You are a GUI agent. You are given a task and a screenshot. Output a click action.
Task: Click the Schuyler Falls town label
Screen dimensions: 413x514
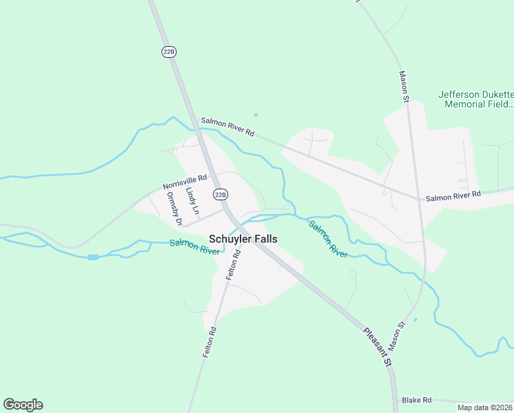point(243,238)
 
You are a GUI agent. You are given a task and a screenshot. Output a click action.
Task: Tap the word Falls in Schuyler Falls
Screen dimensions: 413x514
point(265,238)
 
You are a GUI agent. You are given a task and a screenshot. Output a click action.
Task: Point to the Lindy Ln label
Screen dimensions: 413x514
point(192,199)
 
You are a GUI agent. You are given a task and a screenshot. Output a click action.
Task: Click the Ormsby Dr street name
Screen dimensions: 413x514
point(172,208)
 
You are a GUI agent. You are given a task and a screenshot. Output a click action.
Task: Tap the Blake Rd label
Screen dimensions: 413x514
point(416,400)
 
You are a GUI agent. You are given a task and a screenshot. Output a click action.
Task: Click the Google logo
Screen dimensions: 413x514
point(23,405)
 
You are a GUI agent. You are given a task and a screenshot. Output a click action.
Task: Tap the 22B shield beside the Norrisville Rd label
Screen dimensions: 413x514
point(220,195)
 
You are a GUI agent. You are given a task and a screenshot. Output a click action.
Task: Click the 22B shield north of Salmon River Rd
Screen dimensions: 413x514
point(169,52)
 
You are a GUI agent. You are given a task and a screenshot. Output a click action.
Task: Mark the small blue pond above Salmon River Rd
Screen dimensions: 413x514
point(256,115)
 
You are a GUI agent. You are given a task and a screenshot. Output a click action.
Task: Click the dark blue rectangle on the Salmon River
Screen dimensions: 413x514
point(93,257)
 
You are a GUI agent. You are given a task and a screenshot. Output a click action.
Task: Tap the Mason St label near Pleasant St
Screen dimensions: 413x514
point(398,333)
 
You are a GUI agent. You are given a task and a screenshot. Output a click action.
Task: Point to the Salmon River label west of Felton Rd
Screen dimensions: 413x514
point(194,246)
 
